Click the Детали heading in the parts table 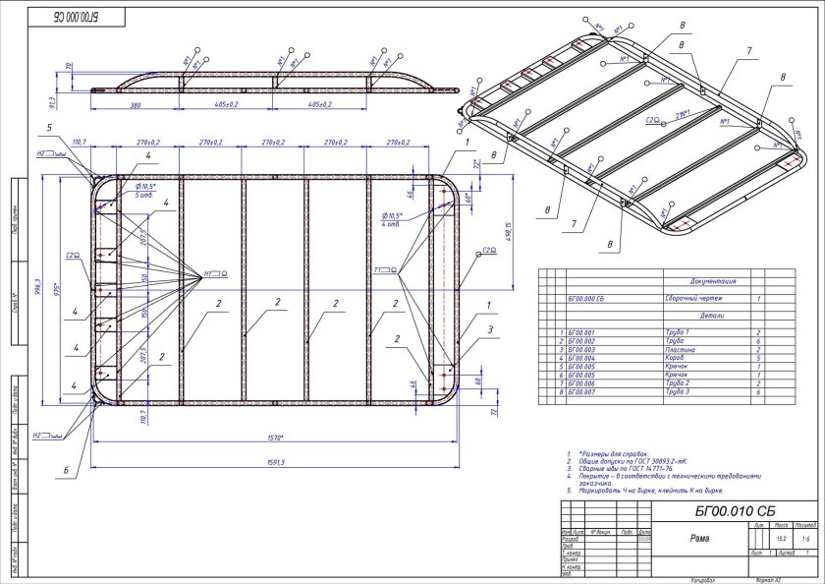pos(712,317)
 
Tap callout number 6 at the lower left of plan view pos(66,472)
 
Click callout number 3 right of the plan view pos(490,329)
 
